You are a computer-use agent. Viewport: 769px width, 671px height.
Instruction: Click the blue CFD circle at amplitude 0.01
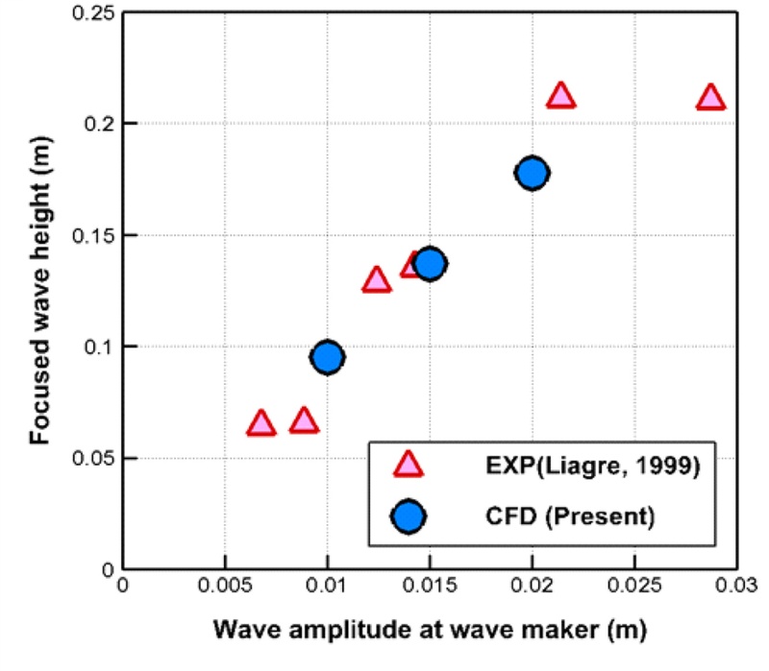pos(328,357)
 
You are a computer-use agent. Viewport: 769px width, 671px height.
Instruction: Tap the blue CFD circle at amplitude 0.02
pos(532,173)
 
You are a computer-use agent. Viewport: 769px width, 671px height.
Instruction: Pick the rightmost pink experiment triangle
pos(710,97)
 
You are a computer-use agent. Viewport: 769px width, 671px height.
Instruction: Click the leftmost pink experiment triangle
pos(260,423)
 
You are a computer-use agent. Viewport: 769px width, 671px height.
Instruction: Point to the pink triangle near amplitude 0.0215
pos(560,95)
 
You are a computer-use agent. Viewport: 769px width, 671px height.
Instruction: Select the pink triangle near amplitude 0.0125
pos(377,280)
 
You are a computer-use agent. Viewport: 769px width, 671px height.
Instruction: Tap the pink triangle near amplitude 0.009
pos(305,420)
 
